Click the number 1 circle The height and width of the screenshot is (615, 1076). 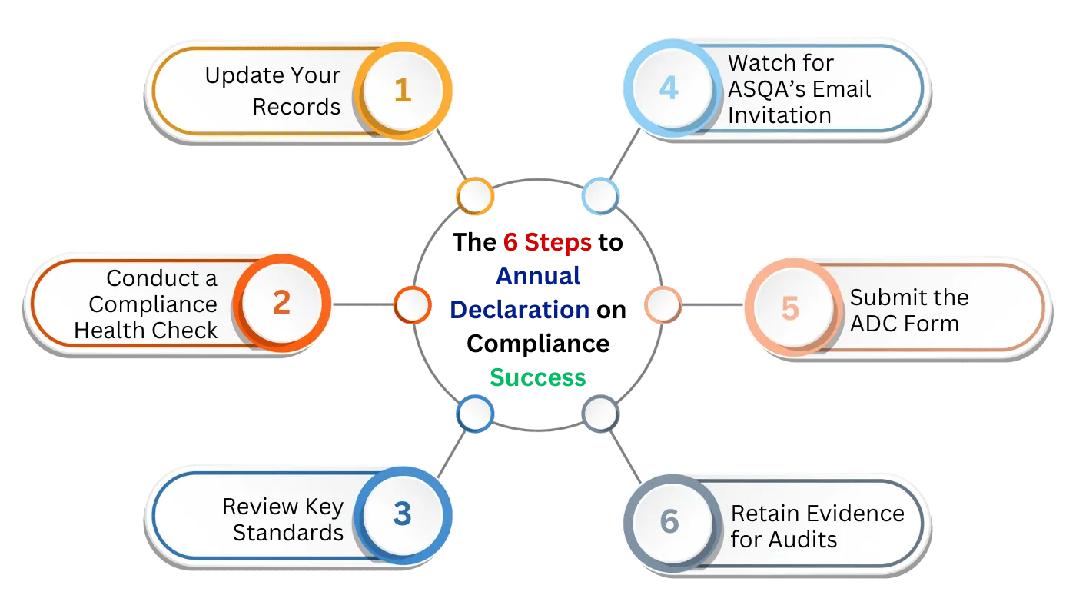coord(402,91)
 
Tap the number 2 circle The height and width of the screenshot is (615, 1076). coord(281,303)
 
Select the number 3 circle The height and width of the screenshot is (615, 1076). coord(402,514)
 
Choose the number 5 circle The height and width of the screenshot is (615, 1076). coord(789,307)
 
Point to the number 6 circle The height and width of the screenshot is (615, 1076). coord(669,520)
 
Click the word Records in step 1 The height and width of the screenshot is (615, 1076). coord(296,106)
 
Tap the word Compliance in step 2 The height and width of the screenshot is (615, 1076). coord(153,304)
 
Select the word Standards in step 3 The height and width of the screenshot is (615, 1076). coord(287,532)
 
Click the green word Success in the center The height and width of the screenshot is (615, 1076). coord(538,377)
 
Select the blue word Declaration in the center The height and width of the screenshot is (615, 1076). coord(520,309)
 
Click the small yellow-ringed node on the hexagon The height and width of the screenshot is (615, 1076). coord(474,196)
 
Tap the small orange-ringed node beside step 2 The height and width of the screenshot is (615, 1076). coord(412,304)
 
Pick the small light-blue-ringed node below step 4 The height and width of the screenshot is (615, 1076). coord(599,196)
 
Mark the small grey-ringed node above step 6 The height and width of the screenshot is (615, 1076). coord(599,414)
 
